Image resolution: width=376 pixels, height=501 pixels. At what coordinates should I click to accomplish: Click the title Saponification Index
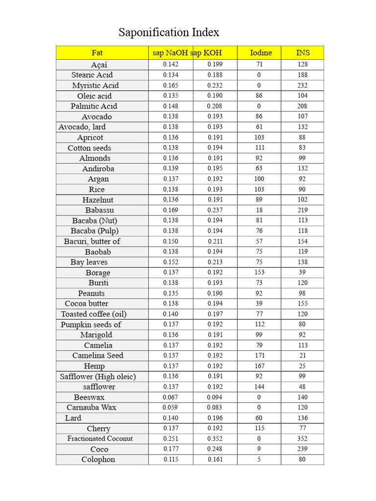click(x=169, y=33)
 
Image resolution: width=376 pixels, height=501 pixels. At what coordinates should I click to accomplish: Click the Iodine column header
click(x=260, y=53)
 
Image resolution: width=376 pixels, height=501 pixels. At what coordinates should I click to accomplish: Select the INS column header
click(x=303, y=53)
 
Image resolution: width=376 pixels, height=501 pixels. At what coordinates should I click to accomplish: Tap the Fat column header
click(x=97, y=53)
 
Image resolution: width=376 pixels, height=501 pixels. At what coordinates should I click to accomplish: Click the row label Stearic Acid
click(x=92, y=75)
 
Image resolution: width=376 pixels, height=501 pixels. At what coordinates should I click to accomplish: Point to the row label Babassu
click(x=99, y=210)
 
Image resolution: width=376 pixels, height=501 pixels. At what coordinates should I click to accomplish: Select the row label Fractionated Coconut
click(x=100, y=439)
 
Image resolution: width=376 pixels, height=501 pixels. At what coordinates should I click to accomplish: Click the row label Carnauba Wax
click(x=92, y=408)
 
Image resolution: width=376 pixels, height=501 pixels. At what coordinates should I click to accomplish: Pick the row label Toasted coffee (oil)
click(x=94, y=314)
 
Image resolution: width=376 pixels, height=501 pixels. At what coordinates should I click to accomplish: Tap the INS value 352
click(x=303, y=439)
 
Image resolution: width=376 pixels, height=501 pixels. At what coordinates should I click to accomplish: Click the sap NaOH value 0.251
click(x=171, y=439)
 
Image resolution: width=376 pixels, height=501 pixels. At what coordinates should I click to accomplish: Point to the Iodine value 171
click(x=259, y=356)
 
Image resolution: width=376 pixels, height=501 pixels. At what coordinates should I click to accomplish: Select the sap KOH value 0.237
click(x=215, y=210)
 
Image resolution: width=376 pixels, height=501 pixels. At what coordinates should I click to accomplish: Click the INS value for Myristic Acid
click(x=303, y=85)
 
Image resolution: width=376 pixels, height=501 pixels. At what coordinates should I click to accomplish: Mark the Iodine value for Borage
click(x=259, y=273)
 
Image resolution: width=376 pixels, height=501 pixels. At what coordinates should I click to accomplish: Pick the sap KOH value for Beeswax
click(x=214, y=397)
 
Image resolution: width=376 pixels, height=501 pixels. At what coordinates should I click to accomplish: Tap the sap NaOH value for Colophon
click(x=171, y=459)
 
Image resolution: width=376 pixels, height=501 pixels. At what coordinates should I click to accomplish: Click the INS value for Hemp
click(x=303, y=366)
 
